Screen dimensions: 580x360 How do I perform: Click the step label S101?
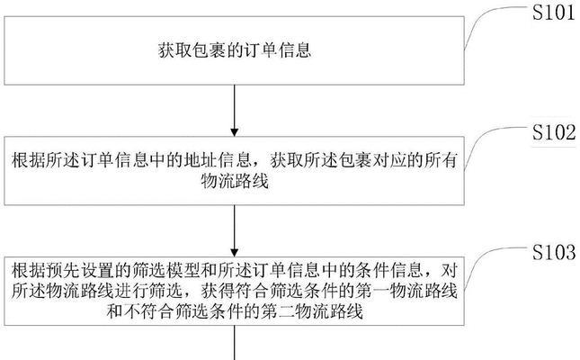[x=553, y=13]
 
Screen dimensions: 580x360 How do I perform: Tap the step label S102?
[x=554, y=132]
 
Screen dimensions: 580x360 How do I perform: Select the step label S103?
[x=554, y=252]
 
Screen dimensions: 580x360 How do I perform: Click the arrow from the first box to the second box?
[x=234, y=111]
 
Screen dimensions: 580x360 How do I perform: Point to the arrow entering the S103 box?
[x=234, y=230]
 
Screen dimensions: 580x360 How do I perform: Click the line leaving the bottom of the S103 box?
[x=234, y=343]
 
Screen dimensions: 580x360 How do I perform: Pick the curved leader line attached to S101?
[x=495, y=22]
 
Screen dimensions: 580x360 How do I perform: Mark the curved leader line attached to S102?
[x=495, y=142]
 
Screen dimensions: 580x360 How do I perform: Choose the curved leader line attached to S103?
[x=495, y=263]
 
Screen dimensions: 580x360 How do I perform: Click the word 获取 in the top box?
[x=174, y=50]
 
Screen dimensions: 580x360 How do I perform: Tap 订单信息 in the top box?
[x=277, y=50]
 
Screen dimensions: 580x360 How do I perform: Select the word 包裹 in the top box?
[x=209, y=50]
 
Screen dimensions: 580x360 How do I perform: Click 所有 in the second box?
[x=441, y=161]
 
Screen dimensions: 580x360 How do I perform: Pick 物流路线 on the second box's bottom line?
[x=235, y=182]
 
